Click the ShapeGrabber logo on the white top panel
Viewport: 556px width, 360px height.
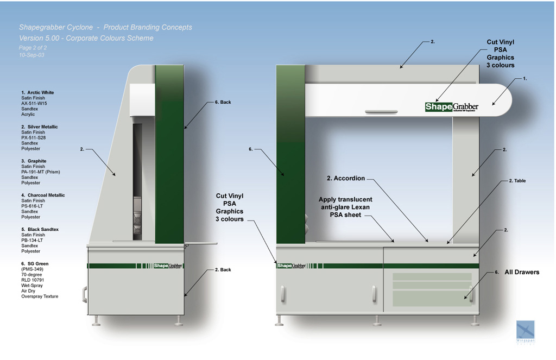[451, 106]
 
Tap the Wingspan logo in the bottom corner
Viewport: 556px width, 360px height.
[525, 331]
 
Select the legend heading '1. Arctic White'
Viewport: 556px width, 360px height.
[37, 93]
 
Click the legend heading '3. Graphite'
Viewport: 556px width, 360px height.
[34, 161]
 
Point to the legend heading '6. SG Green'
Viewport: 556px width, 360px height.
[35, 264]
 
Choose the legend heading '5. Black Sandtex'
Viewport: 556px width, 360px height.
[40, 230]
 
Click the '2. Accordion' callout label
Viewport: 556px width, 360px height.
[346, 178]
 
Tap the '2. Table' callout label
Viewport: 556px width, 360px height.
[517, 181]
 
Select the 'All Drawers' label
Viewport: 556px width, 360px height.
[522, 272]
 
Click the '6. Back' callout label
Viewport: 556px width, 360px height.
[223, 102]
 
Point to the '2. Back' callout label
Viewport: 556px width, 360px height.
[223, 270]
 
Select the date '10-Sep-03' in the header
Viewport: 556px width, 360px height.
[31, 55]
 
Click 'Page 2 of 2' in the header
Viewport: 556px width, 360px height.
[33, 48]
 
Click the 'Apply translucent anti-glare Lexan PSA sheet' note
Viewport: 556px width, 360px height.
[345, 207]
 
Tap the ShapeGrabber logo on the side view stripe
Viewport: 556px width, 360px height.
[168, 266]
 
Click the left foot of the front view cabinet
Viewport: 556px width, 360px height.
[279, 321]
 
